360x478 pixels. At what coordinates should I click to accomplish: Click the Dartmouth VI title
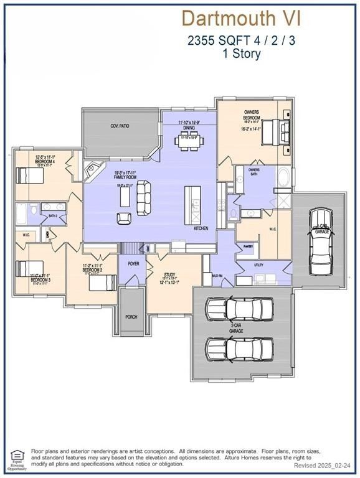tap(240, 18)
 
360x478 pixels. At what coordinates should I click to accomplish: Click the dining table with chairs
tap(189, 141)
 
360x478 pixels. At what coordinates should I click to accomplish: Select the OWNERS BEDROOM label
tap(251, 115)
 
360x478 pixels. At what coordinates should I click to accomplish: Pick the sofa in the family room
tap(144, 197)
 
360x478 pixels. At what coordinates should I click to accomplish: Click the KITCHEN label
tap(201, 228)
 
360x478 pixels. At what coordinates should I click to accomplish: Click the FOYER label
tap(133, 264)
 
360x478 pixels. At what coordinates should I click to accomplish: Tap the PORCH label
tap(131, 317)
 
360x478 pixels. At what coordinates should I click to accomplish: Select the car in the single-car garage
tap(321, 235)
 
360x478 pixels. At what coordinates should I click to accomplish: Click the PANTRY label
tap(247, 246)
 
